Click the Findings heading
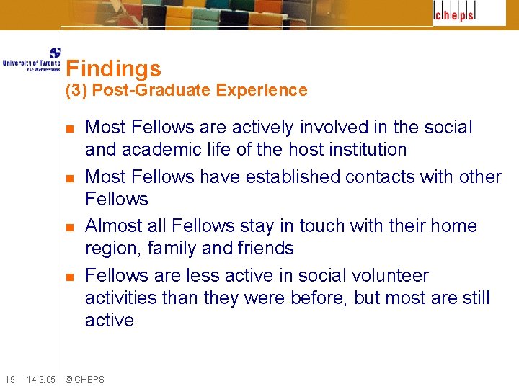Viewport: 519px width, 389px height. pos(113,69)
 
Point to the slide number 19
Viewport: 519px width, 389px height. pos(9,380)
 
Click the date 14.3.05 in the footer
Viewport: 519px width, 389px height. pos(40,380)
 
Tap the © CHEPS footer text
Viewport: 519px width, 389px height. pos(84,380)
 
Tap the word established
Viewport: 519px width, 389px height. pos(293,177)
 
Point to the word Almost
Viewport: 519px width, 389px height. pos(114,226)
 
